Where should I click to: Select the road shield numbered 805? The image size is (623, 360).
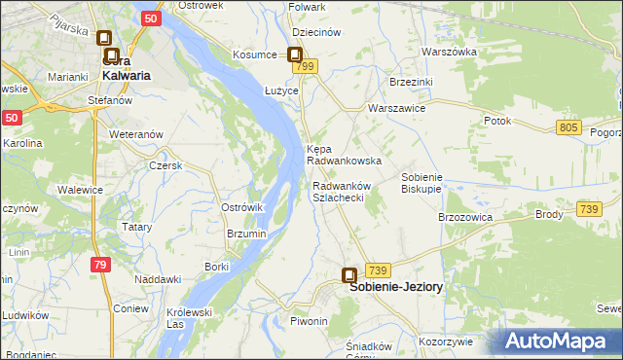tap(570, 127)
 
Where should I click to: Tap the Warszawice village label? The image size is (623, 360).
tap(395, 108)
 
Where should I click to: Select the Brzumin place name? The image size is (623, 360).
tap(246, 234)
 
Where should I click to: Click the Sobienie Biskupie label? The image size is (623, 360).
tap(422, 183)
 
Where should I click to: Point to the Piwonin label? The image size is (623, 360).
tap(309, 321)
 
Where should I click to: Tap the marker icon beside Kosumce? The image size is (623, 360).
tap(294, 56)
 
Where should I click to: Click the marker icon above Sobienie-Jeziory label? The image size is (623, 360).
tap(349, 276)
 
